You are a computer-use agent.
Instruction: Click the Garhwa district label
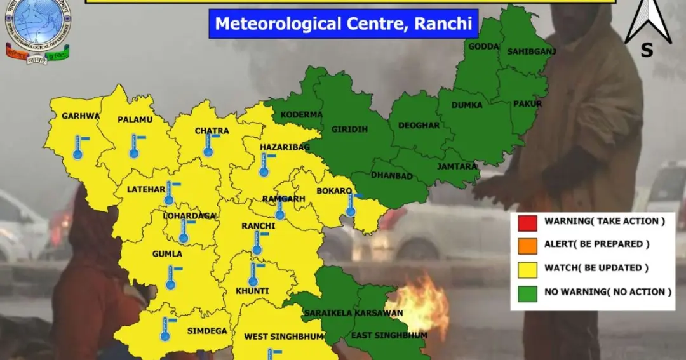pyautogui.click(x=81, y=116)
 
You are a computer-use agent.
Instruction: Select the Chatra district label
pyautogui.click(x=212, y=131)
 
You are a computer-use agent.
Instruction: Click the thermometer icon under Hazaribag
pyautogui.click(x=264, y=164)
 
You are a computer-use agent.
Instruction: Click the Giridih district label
pyautogui.click(x=349, y=129)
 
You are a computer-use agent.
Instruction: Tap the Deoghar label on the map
pyautogui.click(x=419, y=126)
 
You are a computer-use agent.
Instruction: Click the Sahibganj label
pyautogui.click(x=527, y=51)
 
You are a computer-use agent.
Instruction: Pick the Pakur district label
pyautogui.click(x=528, y=103)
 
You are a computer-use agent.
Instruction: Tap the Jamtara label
pyautogui.click(x=457, y=166)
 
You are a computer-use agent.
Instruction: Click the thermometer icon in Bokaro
pyautogui.click(x=351, y=204)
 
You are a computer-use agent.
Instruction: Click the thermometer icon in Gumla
pyautogui.click(x=171, y=277)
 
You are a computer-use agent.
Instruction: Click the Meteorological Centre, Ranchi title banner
pyautogui.click(x=343, y=23)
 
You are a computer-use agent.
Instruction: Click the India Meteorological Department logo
pyautogui.click(x=39, y=30)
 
